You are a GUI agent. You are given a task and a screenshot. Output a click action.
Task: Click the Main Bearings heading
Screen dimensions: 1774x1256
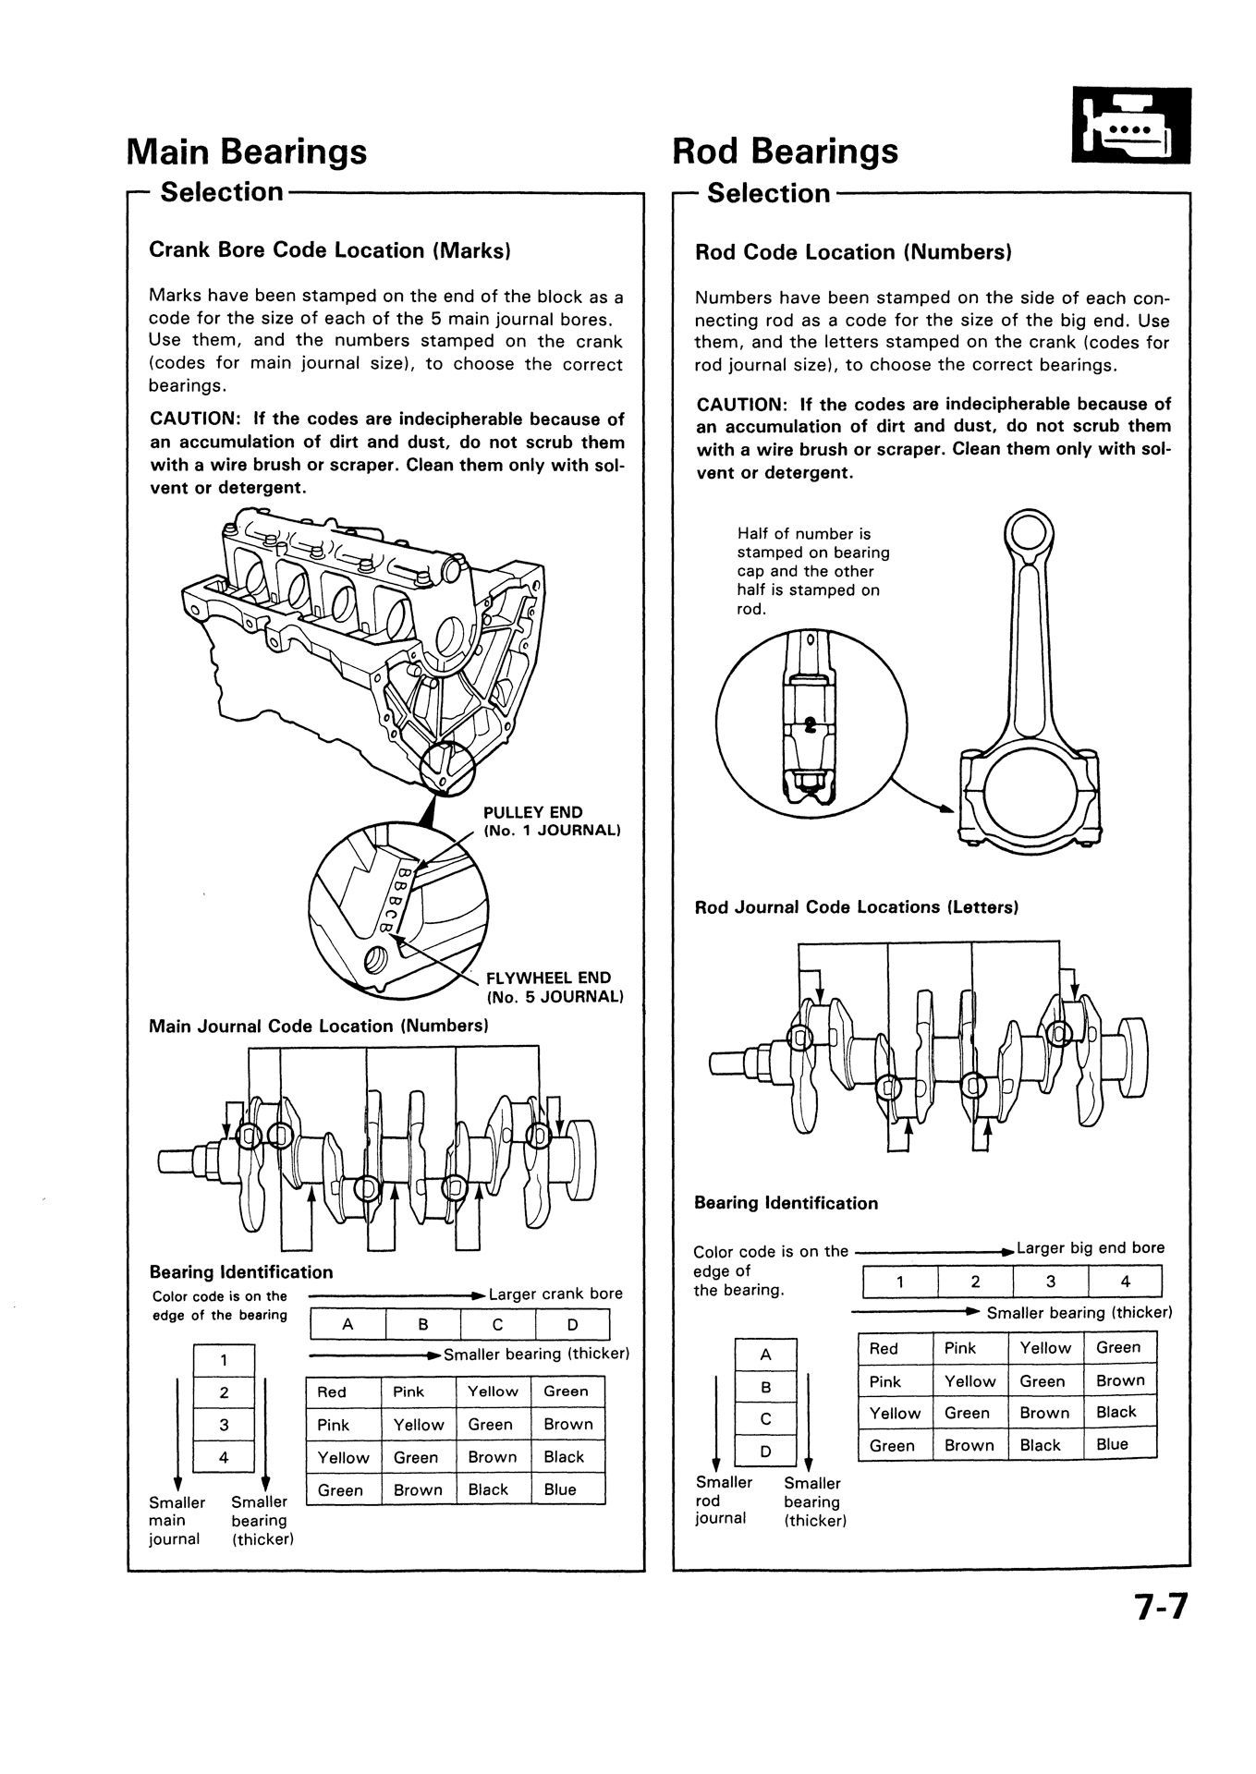(246, 151)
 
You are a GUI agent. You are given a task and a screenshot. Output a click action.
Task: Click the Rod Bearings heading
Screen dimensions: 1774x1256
(785, 151)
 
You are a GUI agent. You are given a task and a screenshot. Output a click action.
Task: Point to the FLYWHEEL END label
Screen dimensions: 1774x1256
(548, 978)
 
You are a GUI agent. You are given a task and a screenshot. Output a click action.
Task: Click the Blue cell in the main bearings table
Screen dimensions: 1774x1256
(561, 1489)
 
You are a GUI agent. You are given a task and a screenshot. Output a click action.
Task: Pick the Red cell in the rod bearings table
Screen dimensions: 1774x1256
(884, 1349)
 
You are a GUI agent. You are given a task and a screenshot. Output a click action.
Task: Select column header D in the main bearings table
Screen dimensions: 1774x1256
(572, 1324)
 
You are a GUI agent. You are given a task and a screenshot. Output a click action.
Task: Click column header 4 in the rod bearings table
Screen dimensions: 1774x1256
(1125, 1282)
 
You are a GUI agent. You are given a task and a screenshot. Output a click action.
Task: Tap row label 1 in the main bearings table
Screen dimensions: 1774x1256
(223, 1359)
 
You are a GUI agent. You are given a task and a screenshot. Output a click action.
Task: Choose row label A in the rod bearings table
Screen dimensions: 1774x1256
(765, 1355)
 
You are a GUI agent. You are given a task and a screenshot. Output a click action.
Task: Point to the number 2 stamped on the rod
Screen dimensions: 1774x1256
(811, 724)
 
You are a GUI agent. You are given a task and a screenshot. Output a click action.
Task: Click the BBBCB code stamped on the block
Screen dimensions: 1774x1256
(391, 896)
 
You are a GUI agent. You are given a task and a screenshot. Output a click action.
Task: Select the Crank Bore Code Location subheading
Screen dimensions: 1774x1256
(330, 250)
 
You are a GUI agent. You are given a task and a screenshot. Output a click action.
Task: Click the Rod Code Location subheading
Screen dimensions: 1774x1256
(853, 252)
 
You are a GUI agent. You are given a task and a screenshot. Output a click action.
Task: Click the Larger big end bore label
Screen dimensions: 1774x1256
(1090, 1248)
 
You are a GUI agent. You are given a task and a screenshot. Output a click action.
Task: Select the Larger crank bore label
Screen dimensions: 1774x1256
(555, 1294)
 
